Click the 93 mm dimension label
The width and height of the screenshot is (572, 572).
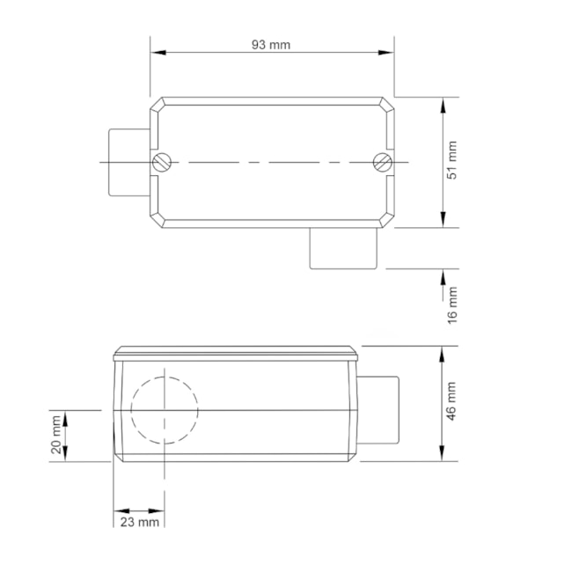(271, 45)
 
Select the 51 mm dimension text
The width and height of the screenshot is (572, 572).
(452, 161)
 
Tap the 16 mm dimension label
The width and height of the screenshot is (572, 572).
(452, 303)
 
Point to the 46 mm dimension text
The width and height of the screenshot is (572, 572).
(452, 401)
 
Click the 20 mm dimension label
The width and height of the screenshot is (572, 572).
(56, 436)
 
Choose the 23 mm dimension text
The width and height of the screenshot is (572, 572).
(139, 522)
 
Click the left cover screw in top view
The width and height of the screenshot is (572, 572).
(161, 162)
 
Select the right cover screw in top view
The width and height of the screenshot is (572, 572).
(382, 162)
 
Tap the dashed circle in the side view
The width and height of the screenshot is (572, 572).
(165, 409)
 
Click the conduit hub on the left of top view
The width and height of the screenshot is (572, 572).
(127, 162)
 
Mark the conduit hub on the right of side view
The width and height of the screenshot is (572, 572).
(379, 410)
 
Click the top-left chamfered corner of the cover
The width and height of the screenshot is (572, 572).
(157, 104)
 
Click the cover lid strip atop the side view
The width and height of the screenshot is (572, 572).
(236, 355)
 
